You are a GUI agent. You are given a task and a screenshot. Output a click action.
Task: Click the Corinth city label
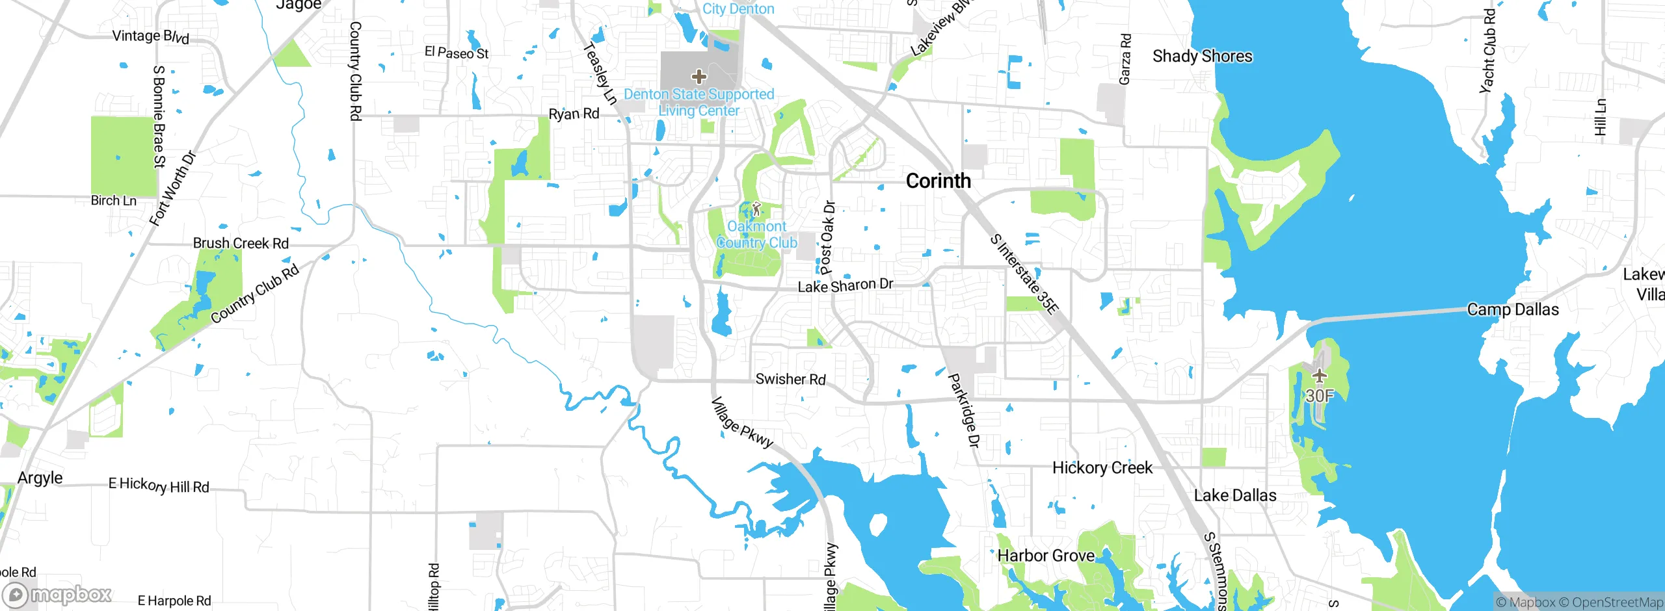pos(938,181)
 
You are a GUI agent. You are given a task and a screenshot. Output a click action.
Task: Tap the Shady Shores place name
pos(1202,57)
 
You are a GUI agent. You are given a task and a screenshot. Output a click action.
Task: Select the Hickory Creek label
pos(1102,468)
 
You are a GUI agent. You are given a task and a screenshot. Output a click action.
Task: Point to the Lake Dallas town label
pos(1234,495)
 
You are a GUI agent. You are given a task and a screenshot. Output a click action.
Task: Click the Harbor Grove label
pos(1046,556)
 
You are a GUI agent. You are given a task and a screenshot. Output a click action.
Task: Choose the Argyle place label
pos(40,478)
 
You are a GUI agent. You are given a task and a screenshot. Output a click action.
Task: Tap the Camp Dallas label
pos(1513,309)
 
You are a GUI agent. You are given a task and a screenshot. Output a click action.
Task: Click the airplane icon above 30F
pos(1319,376)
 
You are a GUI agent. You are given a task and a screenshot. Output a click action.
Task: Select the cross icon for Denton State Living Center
pos(699,77)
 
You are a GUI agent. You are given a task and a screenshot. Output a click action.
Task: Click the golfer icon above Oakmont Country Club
pos(756,209)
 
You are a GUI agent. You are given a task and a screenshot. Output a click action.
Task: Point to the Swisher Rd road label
pos(790,379)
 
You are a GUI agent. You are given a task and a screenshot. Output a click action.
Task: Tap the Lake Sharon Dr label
pos(846,286)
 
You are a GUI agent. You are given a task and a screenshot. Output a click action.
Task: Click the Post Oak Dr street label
pos(827,237)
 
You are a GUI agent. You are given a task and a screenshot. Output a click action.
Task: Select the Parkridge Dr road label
pos(964,410)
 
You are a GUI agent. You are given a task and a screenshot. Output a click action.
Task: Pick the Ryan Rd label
pos(574,114)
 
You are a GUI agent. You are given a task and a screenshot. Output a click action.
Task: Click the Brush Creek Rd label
pos(241,243)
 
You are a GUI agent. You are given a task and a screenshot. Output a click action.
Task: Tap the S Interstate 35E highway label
pos(1024,274)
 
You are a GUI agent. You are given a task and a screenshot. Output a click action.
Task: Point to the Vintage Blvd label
pos(151,36)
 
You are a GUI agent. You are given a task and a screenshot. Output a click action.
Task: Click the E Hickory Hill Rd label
pos(159,485)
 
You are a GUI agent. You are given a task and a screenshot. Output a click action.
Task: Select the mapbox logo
pos(57,594)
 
